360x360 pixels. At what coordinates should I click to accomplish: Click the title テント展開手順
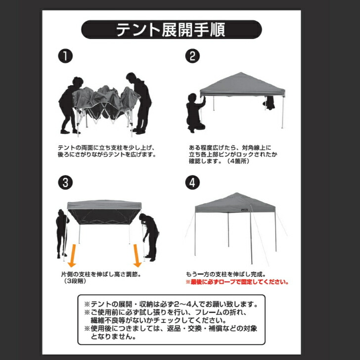(171, 30)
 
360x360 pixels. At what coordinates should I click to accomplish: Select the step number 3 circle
(64, 182)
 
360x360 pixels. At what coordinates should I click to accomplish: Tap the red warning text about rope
(237, 282)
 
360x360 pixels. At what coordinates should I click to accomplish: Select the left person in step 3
(61, 232)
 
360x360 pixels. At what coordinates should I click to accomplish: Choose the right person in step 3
(149, 235)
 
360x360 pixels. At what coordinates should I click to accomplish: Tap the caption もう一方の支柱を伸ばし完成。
(226, 274)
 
